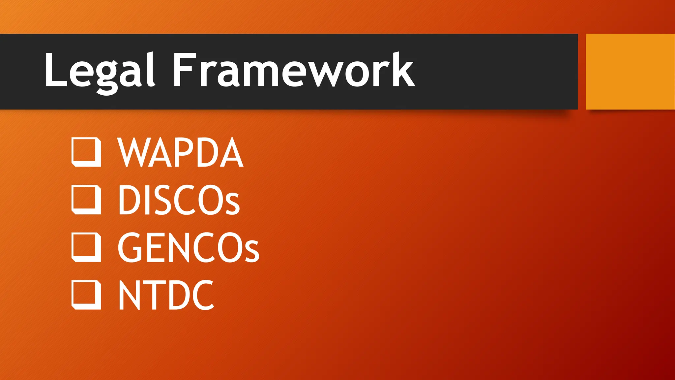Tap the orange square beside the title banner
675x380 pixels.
630,71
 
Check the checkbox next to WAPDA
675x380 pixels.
86,152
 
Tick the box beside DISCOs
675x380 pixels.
86,200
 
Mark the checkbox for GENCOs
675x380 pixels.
86,247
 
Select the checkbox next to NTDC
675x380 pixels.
86,295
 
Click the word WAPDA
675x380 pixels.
180,152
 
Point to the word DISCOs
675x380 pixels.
179,200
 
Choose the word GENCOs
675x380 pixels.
188,247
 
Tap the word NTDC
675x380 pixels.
166,295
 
